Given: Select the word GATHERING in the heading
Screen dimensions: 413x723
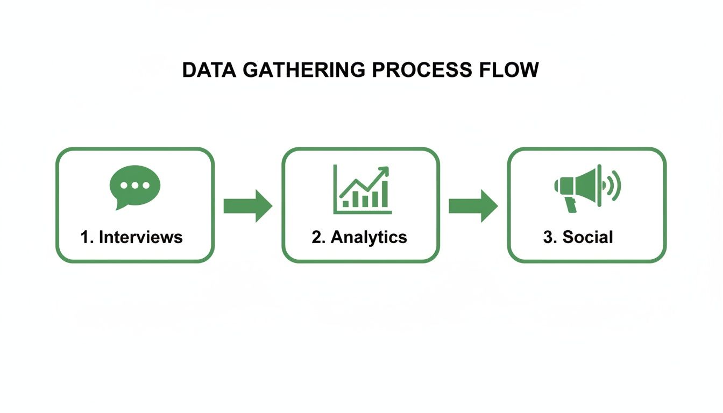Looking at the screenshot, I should (304, 70).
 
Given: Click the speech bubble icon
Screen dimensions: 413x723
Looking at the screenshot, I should (134, 186).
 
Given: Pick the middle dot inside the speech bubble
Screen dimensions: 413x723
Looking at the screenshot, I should (134, 184).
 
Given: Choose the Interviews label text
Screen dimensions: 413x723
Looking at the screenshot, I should (140, 237).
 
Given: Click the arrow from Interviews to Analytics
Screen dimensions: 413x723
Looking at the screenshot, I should (247, 205).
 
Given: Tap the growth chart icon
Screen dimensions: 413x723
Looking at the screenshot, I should (362, 189).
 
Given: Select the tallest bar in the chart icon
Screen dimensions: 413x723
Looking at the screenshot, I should (384, 194).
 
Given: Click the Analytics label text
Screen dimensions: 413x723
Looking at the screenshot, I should (368, 237).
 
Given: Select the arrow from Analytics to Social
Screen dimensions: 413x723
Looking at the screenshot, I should (473, 205).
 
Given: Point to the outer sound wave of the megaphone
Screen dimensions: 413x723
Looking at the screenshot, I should (617, 186).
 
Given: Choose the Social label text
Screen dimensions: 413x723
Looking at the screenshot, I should (587, 237).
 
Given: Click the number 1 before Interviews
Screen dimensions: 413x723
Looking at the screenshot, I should (85, 237).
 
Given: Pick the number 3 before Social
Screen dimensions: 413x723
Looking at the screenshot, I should (548, 237).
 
